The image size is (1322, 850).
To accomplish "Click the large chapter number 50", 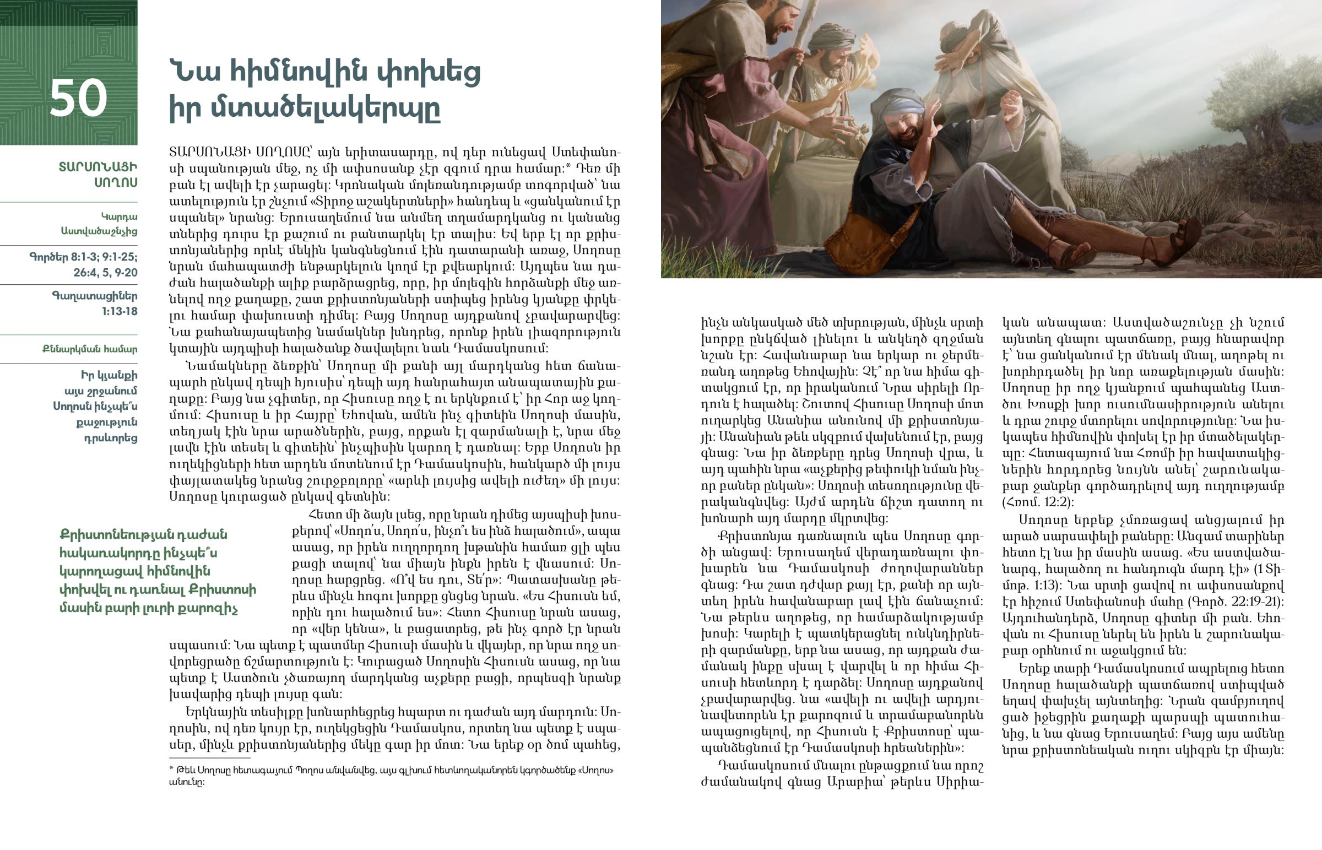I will (x=78, y=98).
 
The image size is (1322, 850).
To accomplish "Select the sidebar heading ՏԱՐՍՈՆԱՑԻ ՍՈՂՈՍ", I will (x=98, y=175).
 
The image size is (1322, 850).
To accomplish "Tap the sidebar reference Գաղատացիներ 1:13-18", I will (x=95, y=304).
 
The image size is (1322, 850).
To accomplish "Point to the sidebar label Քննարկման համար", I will (x=90, y=349).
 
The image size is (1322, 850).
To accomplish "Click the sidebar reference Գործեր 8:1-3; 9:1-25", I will (x=84, y=264).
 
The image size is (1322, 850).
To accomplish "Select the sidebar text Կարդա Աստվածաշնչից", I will (x=99, y=224).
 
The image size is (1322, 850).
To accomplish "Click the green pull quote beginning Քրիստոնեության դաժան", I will (x=157, y=571).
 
